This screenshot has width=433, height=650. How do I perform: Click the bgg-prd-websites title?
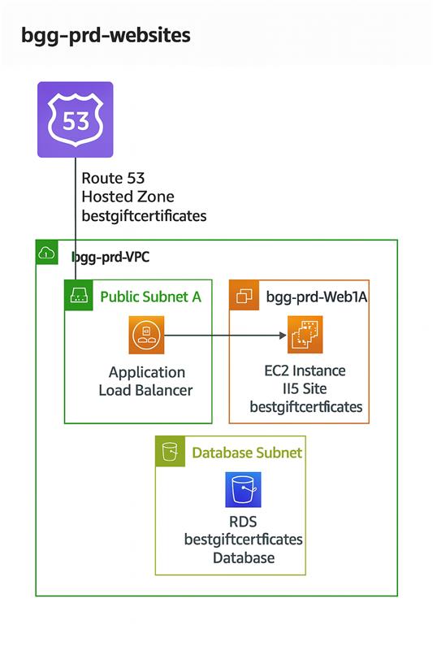[x=106, y=36]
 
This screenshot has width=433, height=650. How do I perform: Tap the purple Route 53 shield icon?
[x=76, y=119]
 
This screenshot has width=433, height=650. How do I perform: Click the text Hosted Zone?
[x=128, y=197]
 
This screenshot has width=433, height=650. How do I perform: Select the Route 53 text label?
[x=113, y=178]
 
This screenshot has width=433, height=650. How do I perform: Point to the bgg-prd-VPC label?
[x=110, y=257]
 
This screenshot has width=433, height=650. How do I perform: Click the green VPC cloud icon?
[x=47, y=252]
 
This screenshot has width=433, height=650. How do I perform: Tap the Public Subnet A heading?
[x=151, y=297]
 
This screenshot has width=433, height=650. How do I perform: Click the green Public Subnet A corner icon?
[x=79, y=295]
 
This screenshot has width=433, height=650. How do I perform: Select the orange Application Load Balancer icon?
[x=146, y=335]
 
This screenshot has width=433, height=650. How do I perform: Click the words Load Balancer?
[x=146, y=390]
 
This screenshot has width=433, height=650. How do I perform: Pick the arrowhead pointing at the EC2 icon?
[x=284, y=336]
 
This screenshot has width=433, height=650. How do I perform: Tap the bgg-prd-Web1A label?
[x=317, y=297]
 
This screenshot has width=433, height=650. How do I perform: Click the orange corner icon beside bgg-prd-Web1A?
[x=244, y=295]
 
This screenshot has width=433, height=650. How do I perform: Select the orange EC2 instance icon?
[x=305, y=335]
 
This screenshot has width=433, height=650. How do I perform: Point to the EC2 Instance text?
[x=305, y=370]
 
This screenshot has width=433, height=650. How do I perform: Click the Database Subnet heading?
[x=247, y=453]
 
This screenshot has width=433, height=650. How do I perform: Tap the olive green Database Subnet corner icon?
[x=170, y=451]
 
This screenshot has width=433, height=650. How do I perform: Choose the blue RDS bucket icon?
[x=243, y=490]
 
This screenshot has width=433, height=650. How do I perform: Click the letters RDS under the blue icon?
[x=243, y=522]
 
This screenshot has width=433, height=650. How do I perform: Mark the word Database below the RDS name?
[x=244, y=558]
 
